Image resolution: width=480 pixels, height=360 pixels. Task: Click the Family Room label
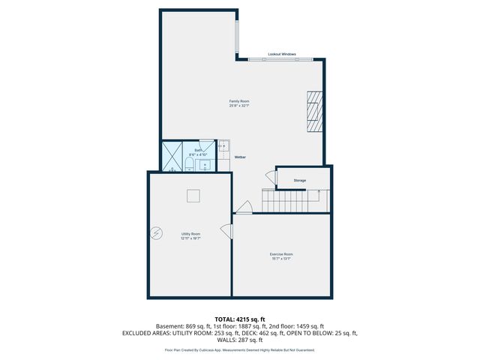click(x=239, y=103)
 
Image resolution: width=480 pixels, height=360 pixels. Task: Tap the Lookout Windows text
click(x=282, y=55)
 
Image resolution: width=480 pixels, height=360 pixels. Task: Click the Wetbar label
click(x=241, y=157)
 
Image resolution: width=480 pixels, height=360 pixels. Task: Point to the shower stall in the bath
click(x=173, y=157)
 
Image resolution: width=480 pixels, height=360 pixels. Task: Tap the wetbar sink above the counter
click(x=224, y=145)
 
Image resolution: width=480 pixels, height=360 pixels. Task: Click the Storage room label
click(x=299, y=181)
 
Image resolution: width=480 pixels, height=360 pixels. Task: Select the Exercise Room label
click(x=281, y=256)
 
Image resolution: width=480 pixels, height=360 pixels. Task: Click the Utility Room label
click(x=190, y=235)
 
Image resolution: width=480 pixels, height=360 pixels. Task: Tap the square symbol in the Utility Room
click(x=193, y=196)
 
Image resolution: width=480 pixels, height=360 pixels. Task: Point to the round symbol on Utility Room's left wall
click(x=156, y=232)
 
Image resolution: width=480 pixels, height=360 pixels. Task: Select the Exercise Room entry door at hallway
click(x=243, y=208)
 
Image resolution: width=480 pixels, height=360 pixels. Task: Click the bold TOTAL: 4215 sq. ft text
click(x=239, y=319)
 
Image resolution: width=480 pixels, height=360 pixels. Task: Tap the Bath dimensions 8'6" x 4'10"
click(x=199, y=154)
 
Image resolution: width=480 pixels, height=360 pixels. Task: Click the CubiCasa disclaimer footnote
click(x=239, y=349)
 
